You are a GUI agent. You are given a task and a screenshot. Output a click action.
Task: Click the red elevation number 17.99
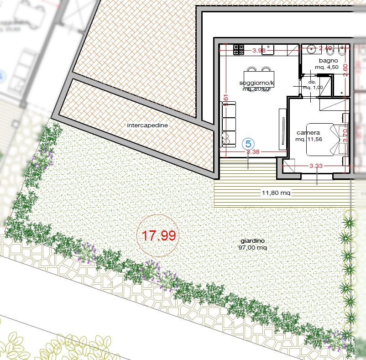click(158, 236)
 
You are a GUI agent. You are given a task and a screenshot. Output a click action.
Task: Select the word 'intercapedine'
click(147, 125)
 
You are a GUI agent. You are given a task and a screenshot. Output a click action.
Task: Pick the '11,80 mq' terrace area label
click(276, 193)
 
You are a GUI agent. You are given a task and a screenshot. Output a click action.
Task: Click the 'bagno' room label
click(328, 60)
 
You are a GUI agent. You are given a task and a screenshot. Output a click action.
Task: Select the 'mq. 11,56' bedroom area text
click(309, 139)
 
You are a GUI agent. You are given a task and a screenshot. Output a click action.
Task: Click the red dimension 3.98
click(259, 51)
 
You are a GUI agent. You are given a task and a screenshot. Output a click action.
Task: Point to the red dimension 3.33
click(316, 167)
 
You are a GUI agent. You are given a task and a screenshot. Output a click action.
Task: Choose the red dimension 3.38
click(253, 151)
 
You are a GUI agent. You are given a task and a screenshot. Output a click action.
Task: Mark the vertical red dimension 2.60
click(345, 69)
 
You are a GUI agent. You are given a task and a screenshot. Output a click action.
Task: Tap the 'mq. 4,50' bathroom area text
click(328, 67)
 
